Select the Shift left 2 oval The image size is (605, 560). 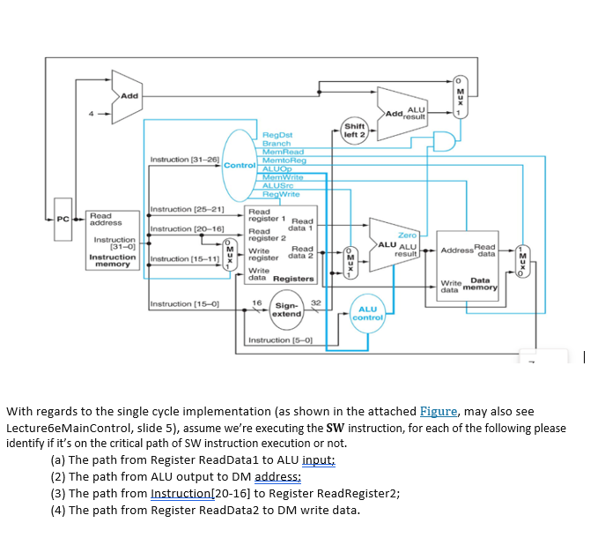point(354,129)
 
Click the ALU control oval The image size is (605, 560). point(368,313)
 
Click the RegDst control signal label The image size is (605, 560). point(277,137)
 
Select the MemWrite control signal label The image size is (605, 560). point(284,178)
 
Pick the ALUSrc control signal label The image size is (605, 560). point(279,186)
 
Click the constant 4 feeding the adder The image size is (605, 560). point(87,114)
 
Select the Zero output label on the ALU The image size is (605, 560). point(407,235)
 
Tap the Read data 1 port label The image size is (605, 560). point(301,225)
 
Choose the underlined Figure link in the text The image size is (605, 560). point(437,412)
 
